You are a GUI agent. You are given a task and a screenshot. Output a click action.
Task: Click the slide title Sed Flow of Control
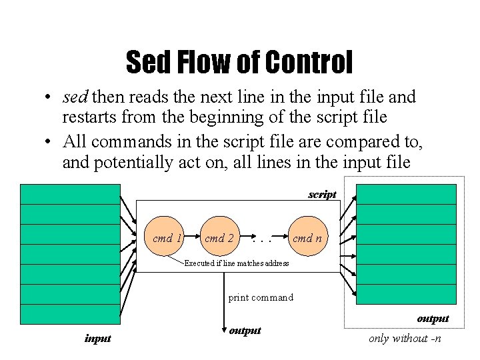tap(239, 63)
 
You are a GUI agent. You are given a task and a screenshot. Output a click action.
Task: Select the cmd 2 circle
tap(219, 237)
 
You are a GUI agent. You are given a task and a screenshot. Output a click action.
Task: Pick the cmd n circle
tap(307, 237)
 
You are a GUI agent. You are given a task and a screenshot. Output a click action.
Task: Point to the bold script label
tap(322, 195)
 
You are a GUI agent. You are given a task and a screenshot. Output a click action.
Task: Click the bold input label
tap(97, 339)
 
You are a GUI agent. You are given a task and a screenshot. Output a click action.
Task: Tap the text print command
tap(261, 297)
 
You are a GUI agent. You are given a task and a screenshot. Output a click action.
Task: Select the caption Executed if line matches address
tap(236, 263)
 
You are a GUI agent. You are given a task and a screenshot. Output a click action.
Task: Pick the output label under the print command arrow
tap(245, 331)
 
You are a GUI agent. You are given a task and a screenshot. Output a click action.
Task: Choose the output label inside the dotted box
tap(433, 319)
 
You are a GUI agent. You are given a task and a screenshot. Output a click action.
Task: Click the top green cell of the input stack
tap(69, 194)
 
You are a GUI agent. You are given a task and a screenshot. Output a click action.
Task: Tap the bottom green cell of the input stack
tap(69, 314)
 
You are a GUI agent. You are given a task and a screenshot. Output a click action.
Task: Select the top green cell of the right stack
tap(406, 194)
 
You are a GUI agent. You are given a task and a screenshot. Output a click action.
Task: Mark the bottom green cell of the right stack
tap(406, 294)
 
